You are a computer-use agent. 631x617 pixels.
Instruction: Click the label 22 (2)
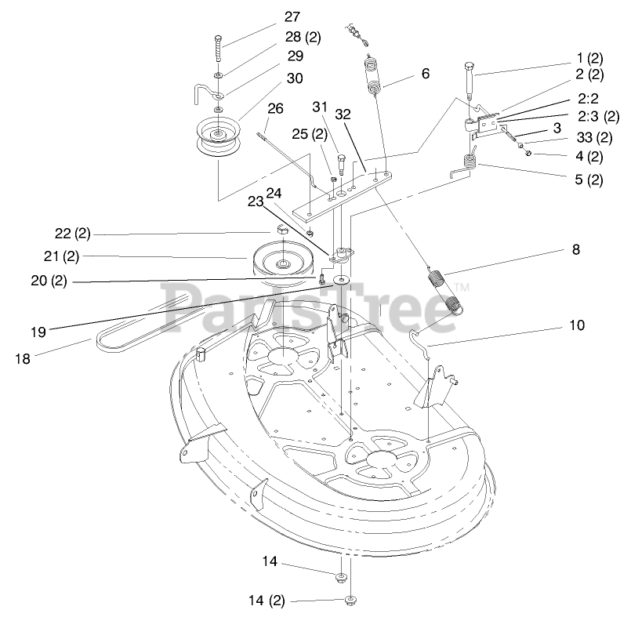point(73,234)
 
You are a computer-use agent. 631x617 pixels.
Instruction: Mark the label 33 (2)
point(593,137)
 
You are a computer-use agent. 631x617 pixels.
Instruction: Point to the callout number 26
point(274,107)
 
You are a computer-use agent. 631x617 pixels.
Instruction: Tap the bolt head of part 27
point(217,39)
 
